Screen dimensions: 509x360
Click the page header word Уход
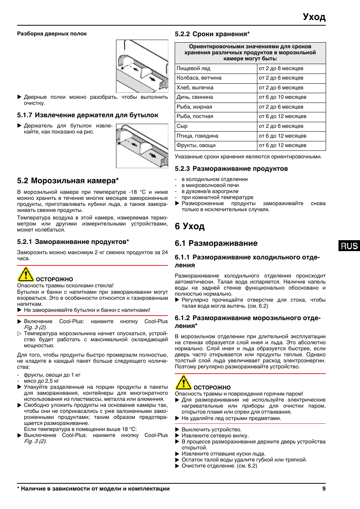[x=314, y=17]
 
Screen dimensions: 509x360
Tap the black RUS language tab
[x=349, y=246]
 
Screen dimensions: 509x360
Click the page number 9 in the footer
[x=324, y=489]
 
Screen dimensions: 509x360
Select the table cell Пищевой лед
[x=194, y=69]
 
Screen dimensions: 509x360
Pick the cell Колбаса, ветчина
[x=199, y=78]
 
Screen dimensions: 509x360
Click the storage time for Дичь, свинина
[x=282, y=97]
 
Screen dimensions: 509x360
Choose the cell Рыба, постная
[x=195, y=117]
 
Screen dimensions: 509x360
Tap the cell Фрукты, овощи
[x=196, y=146]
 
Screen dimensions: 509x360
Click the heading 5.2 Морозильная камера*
[x=68, y=181]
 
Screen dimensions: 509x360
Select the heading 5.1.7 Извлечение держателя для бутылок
[x=88, y=115]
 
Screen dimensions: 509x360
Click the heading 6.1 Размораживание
[x=216, y=244]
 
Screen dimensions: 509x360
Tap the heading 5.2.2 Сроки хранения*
[x=212, y=34]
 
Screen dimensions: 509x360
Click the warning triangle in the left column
[x=26, y=274]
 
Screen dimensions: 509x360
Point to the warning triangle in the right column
[x=183, y=383]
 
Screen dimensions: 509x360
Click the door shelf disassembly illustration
[x=142, y=66]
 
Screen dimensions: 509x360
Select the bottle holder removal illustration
[x=142, y=146]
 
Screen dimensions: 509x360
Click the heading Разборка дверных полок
[x=52, y=34]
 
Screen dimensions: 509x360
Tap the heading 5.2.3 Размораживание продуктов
[x=231, y=169]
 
